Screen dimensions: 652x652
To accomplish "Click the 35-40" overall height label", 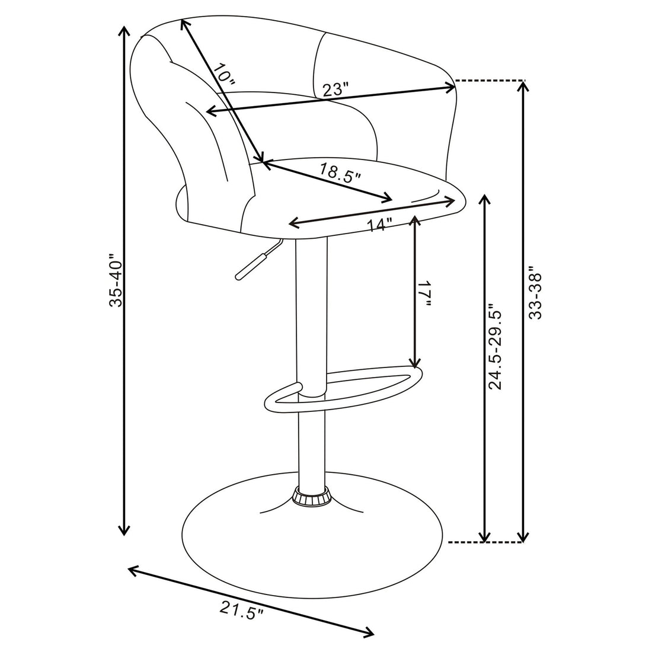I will point(116,282).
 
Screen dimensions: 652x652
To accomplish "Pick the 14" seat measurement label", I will point(380,225).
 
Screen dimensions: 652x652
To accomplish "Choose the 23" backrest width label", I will point(335,90).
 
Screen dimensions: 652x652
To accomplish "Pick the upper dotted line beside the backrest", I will point(490,79).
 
